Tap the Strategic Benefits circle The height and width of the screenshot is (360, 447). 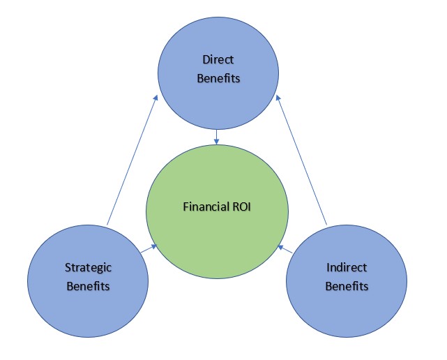pyautogui.click(x=88, y=277)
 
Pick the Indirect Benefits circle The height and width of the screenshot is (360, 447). pyautogui.click(x=347, y=277)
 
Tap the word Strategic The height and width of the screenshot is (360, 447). pyautogui.click(x=88, y=267)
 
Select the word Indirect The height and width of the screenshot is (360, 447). pyautogui.click(x=347, y=267)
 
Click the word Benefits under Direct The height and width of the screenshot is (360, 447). pyautogui.click(x=218, y=78)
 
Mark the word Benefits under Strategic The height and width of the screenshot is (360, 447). pyautogui.click(x=88, y=286)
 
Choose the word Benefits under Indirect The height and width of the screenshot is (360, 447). pyautogui.click(x=347, y=286)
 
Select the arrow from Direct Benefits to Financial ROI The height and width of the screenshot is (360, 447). pyautogui.click(x=217, y=136)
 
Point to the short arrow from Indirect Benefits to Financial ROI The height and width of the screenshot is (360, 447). pyautogui.click(x=285, y=249)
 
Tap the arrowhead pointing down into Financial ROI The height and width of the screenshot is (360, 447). pyautogui.click(x=217, y=142)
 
